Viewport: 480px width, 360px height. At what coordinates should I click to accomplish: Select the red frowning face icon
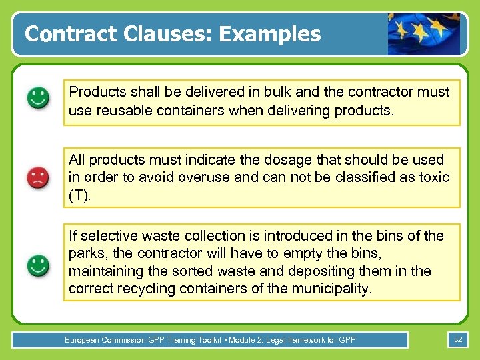pos(38,177)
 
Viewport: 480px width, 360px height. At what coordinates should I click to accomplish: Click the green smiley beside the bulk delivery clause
pos(38,99)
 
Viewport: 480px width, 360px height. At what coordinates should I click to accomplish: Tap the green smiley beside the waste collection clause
pos(38,265)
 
